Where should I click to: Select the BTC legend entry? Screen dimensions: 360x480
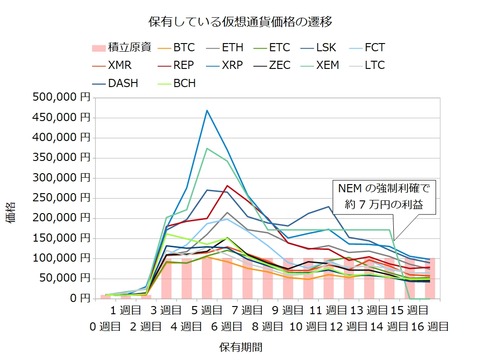[183, 47]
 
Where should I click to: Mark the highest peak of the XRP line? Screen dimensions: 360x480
[207, 110]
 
